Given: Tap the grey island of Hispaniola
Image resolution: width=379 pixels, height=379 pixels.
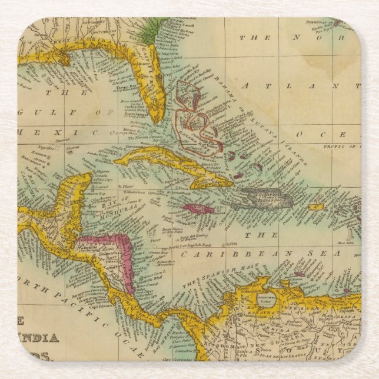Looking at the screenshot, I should [268, 198].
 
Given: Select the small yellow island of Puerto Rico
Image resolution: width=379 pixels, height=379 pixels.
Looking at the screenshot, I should [317, 207].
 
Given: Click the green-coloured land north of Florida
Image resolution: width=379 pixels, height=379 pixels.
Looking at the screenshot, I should [154, 26].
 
